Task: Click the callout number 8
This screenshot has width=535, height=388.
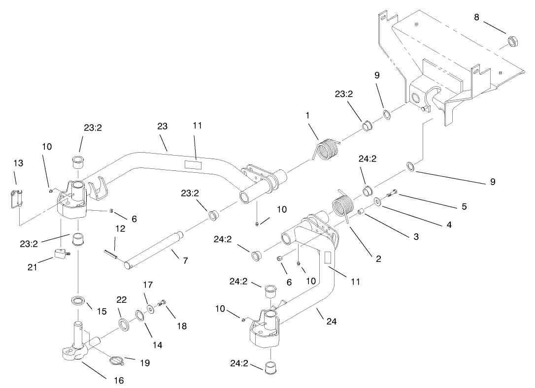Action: point(476,17)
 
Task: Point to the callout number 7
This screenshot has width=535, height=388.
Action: point(185,260)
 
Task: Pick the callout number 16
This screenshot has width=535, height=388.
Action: point(119,380)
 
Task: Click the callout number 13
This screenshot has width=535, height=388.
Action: point(18,163)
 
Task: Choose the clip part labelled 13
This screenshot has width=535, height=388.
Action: point(16,199)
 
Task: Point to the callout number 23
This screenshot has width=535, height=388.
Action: point(163,127)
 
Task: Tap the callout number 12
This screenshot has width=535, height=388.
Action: point(121,228)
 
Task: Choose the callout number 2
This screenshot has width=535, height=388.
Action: point(378,259)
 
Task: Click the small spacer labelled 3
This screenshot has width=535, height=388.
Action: point(361,212)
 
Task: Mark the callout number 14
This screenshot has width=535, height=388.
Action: point(157,345)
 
